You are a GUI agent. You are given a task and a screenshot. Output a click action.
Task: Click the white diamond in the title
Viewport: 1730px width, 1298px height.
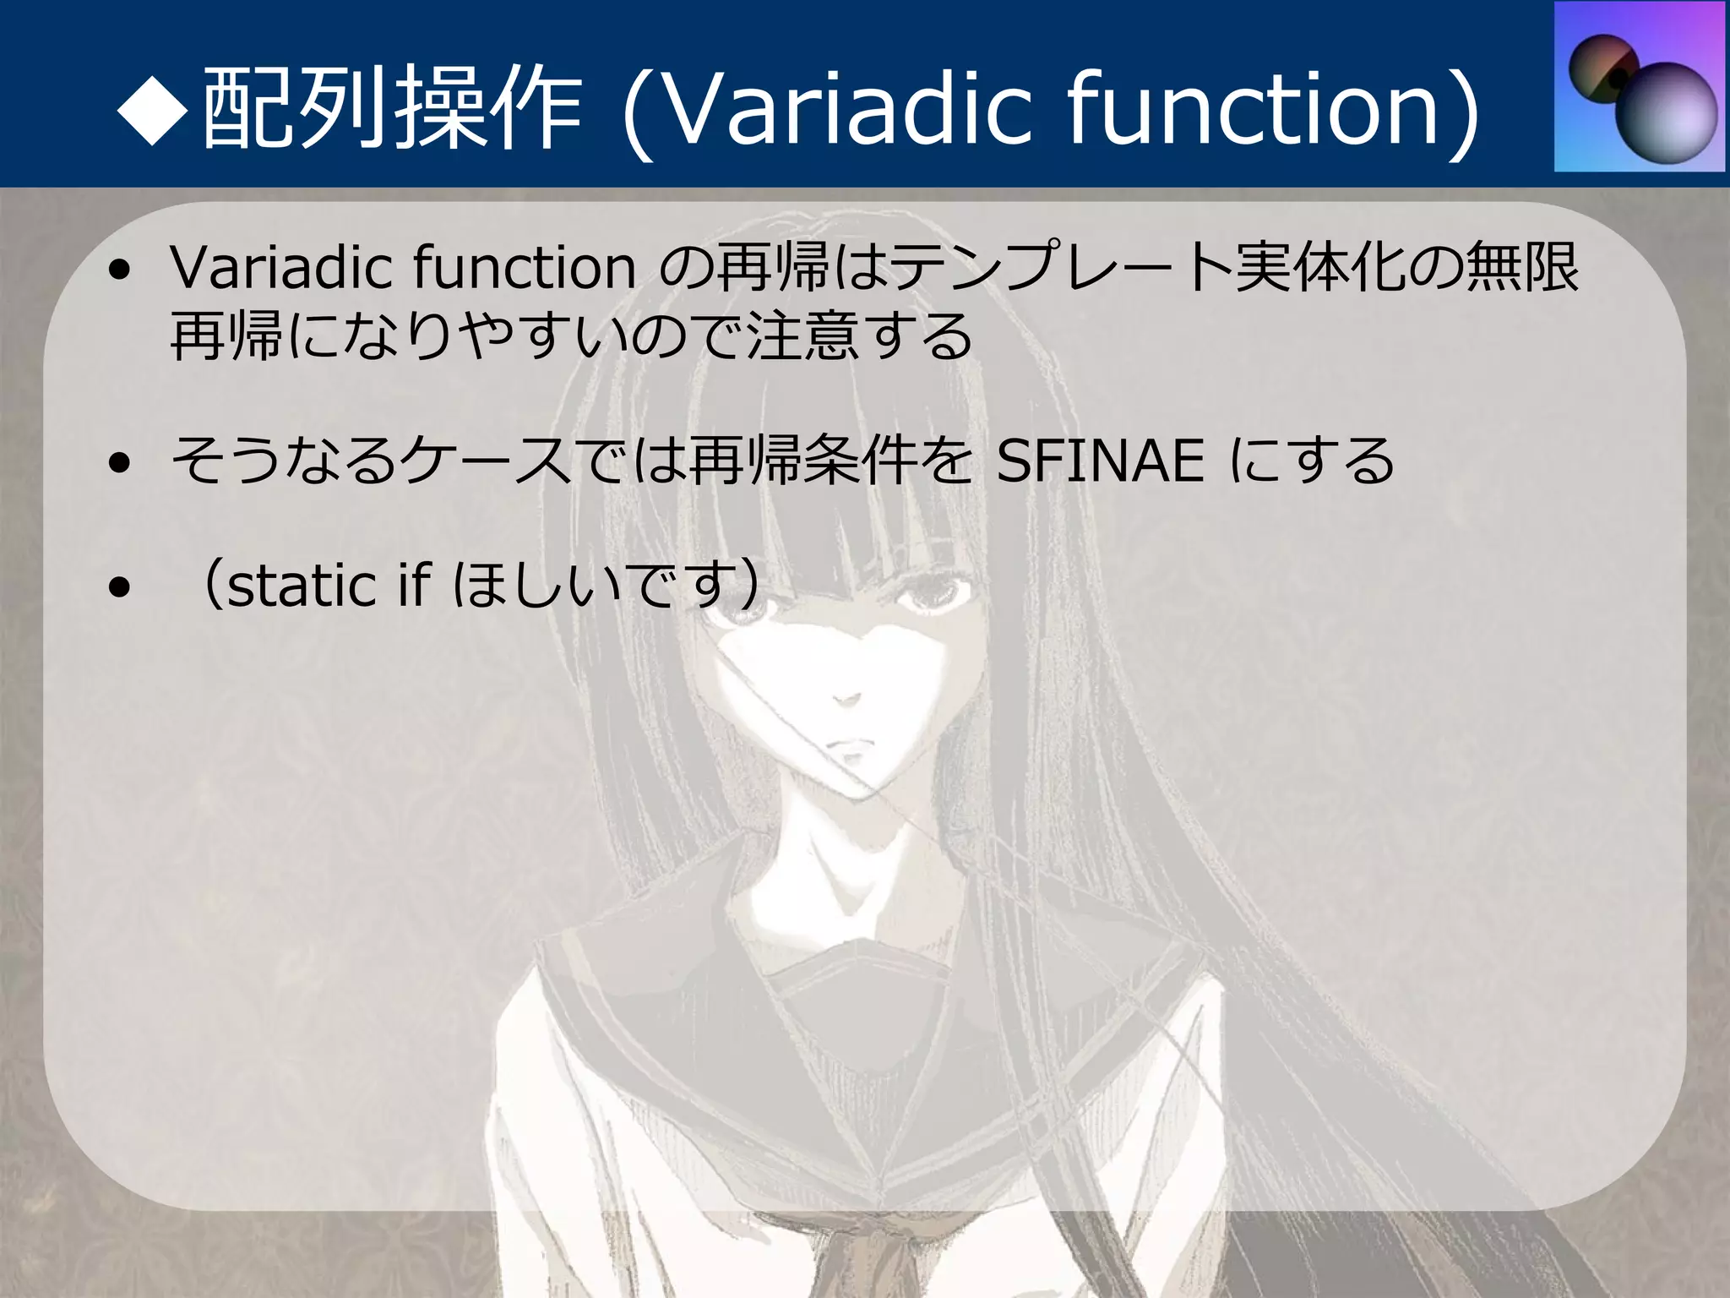(152, 108)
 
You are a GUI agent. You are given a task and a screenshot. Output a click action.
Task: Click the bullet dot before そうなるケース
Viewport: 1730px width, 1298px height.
(120, 463)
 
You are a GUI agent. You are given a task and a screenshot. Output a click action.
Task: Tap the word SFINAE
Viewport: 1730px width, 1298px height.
(1100, 461)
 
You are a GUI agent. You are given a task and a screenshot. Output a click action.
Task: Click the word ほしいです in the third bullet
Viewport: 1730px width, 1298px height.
(600, 586)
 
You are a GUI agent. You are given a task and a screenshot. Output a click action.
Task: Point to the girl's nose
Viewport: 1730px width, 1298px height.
(845, 698)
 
